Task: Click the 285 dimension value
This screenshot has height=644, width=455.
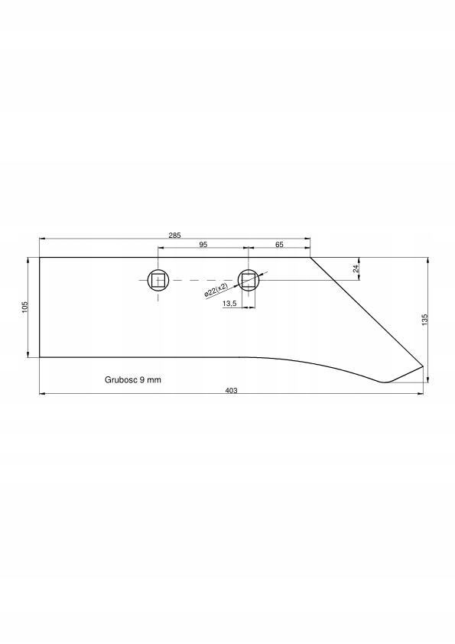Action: pyautogui.click(x=174, y=236)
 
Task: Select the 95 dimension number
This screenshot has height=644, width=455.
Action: pyautogui.click(x=203, y=245)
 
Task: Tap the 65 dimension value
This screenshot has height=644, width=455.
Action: pyautogui.click(x=279, y=245)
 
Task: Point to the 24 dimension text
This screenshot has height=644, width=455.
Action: pyautogui.click(x=356, y=268)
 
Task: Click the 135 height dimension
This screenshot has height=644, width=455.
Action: pyautogui.click(x=424, y=320)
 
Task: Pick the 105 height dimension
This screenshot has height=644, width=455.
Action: pyautogui.click(x=24, y=307)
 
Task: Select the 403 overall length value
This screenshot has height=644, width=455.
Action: pyautogui.click(x=231, y=391)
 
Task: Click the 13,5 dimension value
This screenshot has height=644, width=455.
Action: pyautogui.click(x=229, y=304)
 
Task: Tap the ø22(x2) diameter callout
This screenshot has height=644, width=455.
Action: pyautogui.click(x=216, y=290)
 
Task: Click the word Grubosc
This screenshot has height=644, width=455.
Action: pyautogui.click(x=120, y=380)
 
